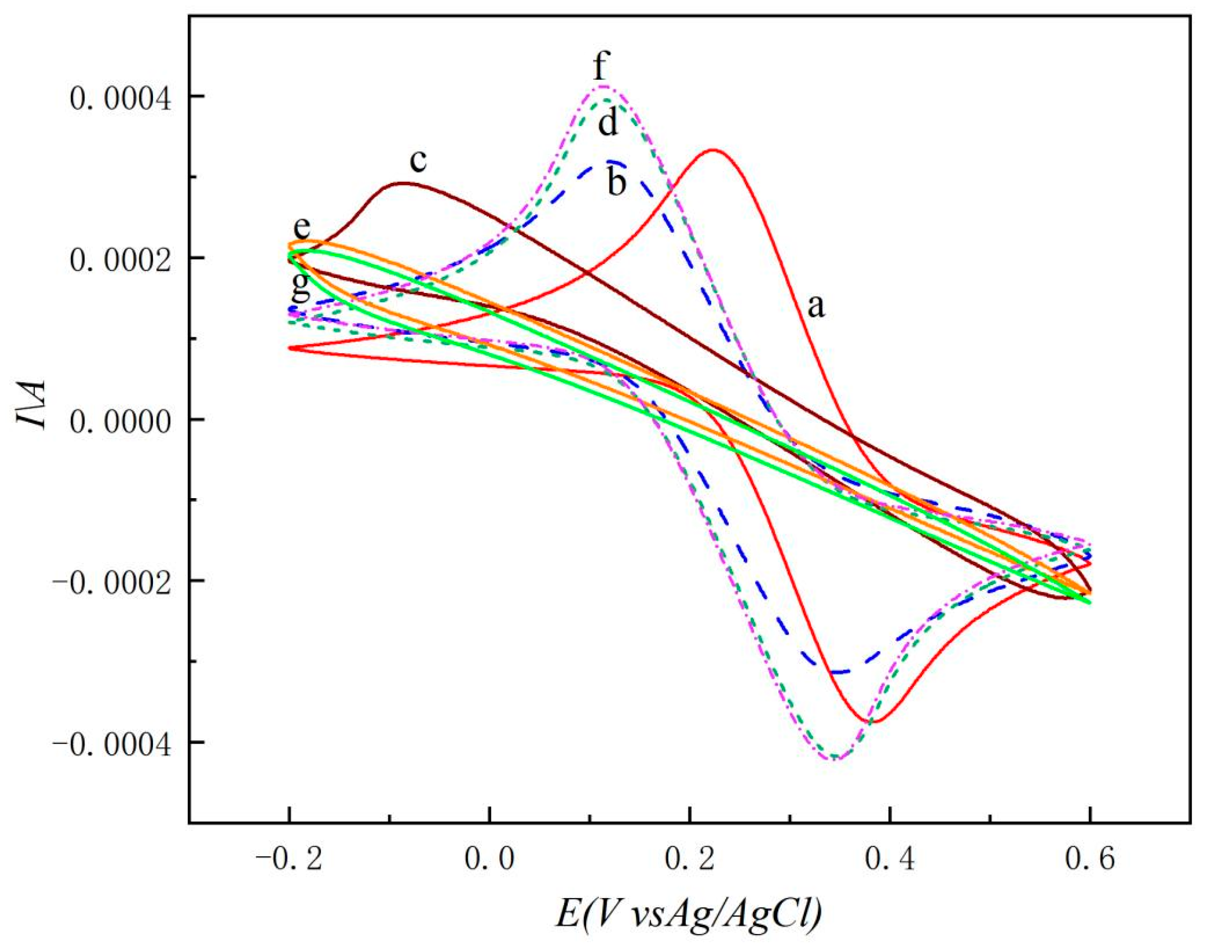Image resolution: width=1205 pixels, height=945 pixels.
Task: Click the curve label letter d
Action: [608, 124]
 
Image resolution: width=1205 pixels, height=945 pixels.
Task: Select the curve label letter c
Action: [419, 161]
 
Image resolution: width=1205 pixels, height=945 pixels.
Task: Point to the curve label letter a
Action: [815, 305]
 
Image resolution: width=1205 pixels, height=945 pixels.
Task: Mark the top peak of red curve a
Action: [714, 150]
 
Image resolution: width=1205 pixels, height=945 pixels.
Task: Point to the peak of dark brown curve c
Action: [404, 183]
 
